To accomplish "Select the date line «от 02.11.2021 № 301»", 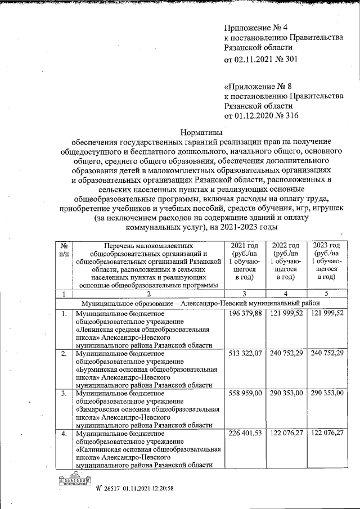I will click(x=260, y=58).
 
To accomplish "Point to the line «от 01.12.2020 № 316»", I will click(x=260, y=116).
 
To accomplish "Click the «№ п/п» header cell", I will click(x=64, y=250).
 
